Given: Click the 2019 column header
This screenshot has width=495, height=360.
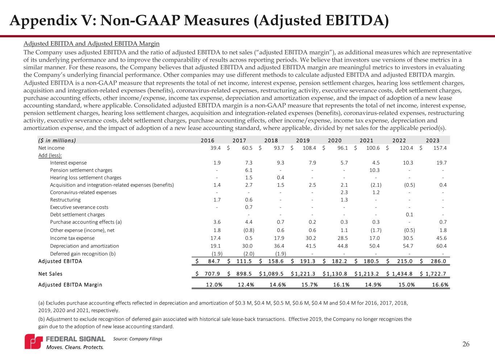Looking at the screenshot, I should tap(303, 141).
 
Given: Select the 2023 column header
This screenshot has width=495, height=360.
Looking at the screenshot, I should tap(432, 141).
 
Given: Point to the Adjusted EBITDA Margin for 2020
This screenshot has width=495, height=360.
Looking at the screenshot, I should tap(341, 285).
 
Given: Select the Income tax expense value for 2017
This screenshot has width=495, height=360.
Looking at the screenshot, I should tap(249, 238).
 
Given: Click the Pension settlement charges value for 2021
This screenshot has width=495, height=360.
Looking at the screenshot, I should tap(374, 170).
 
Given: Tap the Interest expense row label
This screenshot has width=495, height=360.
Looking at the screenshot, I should tap(68, 163).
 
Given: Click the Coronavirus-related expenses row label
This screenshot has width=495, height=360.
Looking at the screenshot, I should tap(83, 193).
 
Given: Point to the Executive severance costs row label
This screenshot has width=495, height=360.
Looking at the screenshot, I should tap(79, 207).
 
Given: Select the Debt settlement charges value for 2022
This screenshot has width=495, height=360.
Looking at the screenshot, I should tap(410, 215).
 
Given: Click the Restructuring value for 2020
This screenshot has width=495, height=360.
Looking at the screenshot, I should tap(344, 200).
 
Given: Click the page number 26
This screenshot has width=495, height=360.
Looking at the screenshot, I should tap(466, 344).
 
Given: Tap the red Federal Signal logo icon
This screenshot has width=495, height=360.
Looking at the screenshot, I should tap(33, 342).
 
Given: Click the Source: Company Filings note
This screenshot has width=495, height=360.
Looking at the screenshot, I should tap(138, 339).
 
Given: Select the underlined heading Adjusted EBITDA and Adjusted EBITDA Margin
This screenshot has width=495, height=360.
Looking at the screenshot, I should tap(91, 44).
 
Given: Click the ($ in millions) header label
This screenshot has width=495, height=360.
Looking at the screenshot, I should tap(57, 141).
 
